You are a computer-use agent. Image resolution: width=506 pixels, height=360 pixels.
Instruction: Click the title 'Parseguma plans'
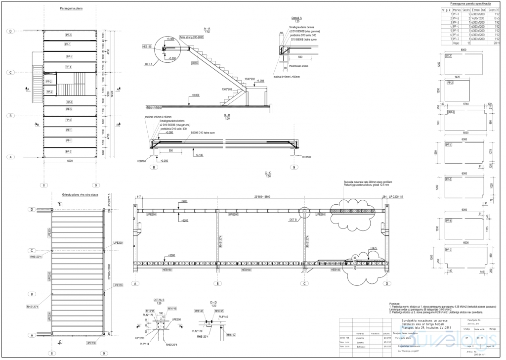tap(70, 9)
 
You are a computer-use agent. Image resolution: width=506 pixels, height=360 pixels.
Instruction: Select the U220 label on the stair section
tap(195, 63)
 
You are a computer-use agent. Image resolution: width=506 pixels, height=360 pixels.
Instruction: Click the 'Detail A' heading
tap(296, 18)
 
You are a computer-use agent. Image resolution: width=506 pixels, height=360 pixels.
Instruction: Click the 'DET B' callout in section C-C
tap(293, 219)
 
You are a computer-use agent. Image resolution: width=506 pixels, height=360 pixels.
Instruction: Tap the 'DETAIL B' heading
tap(159, 300)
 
